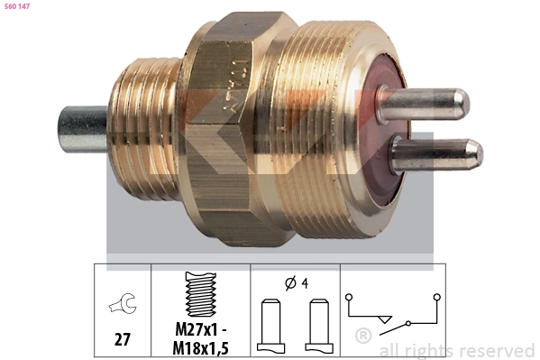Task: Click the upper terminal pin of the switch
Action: click(x=424, y=101)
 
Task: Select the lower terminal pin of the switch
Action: click(x=436, y=152)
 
